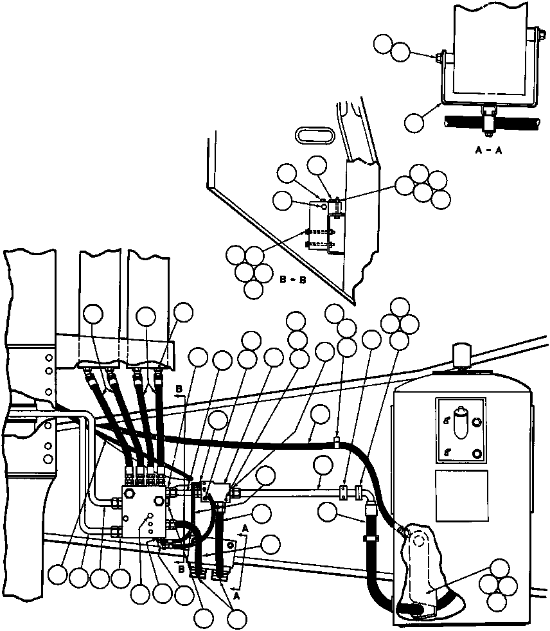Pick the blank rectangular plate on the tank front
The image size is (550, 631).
point(460,495)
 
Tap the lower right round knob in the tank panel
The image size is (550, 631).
point(476,454)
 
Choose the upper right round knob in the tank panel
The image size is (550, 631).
point(476,422)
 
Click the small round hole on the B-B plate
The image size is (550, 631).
point(324,206)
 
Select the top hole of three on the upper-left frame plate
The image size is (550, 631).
point(48,356)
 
